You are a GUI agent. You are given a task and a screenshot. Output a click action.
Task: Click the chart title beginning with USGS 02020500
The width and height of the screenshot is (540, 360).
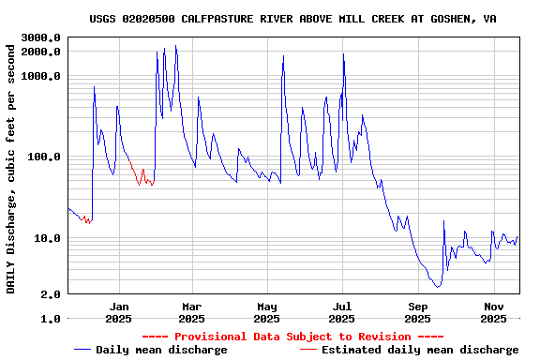(292, 18)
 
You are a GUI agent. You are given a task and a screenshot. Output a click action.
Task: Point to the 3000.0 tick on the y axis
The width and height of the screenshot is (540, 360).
(42, 37)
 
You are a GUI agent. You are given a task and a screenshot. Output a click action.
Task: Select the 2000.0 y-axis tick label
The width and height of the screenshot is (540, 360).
(42, 52)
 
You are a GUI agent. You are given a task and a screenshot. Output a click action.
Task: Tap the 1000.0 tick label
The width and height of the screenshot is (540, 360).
(42, 76)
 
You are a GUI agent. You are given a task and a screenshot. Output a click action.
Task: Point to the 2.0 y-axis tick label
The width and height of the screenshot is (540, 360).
(52, 294)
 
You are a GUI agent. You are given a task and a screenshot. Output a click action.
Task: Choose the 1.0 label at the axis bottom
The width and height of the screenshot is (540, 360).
(52, 319)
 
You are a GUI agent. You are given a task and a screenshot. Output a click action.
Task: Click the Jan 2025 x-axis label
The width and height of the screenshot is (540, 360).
(118, 312)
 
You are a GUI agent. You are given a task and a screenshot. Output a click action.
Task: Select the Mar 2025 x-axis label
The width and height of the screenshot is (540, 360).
(191, 312)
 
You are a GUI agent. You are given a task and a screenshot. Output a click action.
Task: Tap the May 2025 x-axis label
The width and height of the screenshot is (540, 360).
(267, 312)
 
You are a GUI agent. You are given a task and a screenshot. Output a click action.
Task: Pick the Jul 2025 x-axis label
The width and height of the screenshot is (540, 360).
(342, 312)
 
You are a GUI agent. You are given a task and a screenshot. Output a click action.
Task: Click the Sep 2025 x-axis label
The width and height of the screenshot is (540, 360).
(419, 312)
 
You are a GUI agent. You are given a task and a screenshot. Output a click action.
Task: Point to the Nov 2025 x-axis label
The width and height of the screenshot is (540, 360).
(494, 312)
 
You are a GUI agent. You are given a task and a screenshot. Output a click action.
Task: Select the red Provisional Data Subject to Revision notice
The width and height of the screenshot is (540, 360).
(292, 337)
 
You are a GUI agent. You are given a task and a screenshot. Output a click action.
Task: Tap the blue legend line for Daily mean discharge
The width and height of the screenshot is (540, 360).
(82, 350)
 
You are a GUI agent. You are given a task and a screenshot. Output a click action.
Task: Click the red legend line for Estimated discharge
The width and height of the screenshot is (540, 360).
(308, 350)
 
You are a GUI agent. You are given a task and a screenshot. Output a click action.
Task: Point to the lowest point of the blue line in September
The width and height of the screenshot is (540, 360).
(437, 286)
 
